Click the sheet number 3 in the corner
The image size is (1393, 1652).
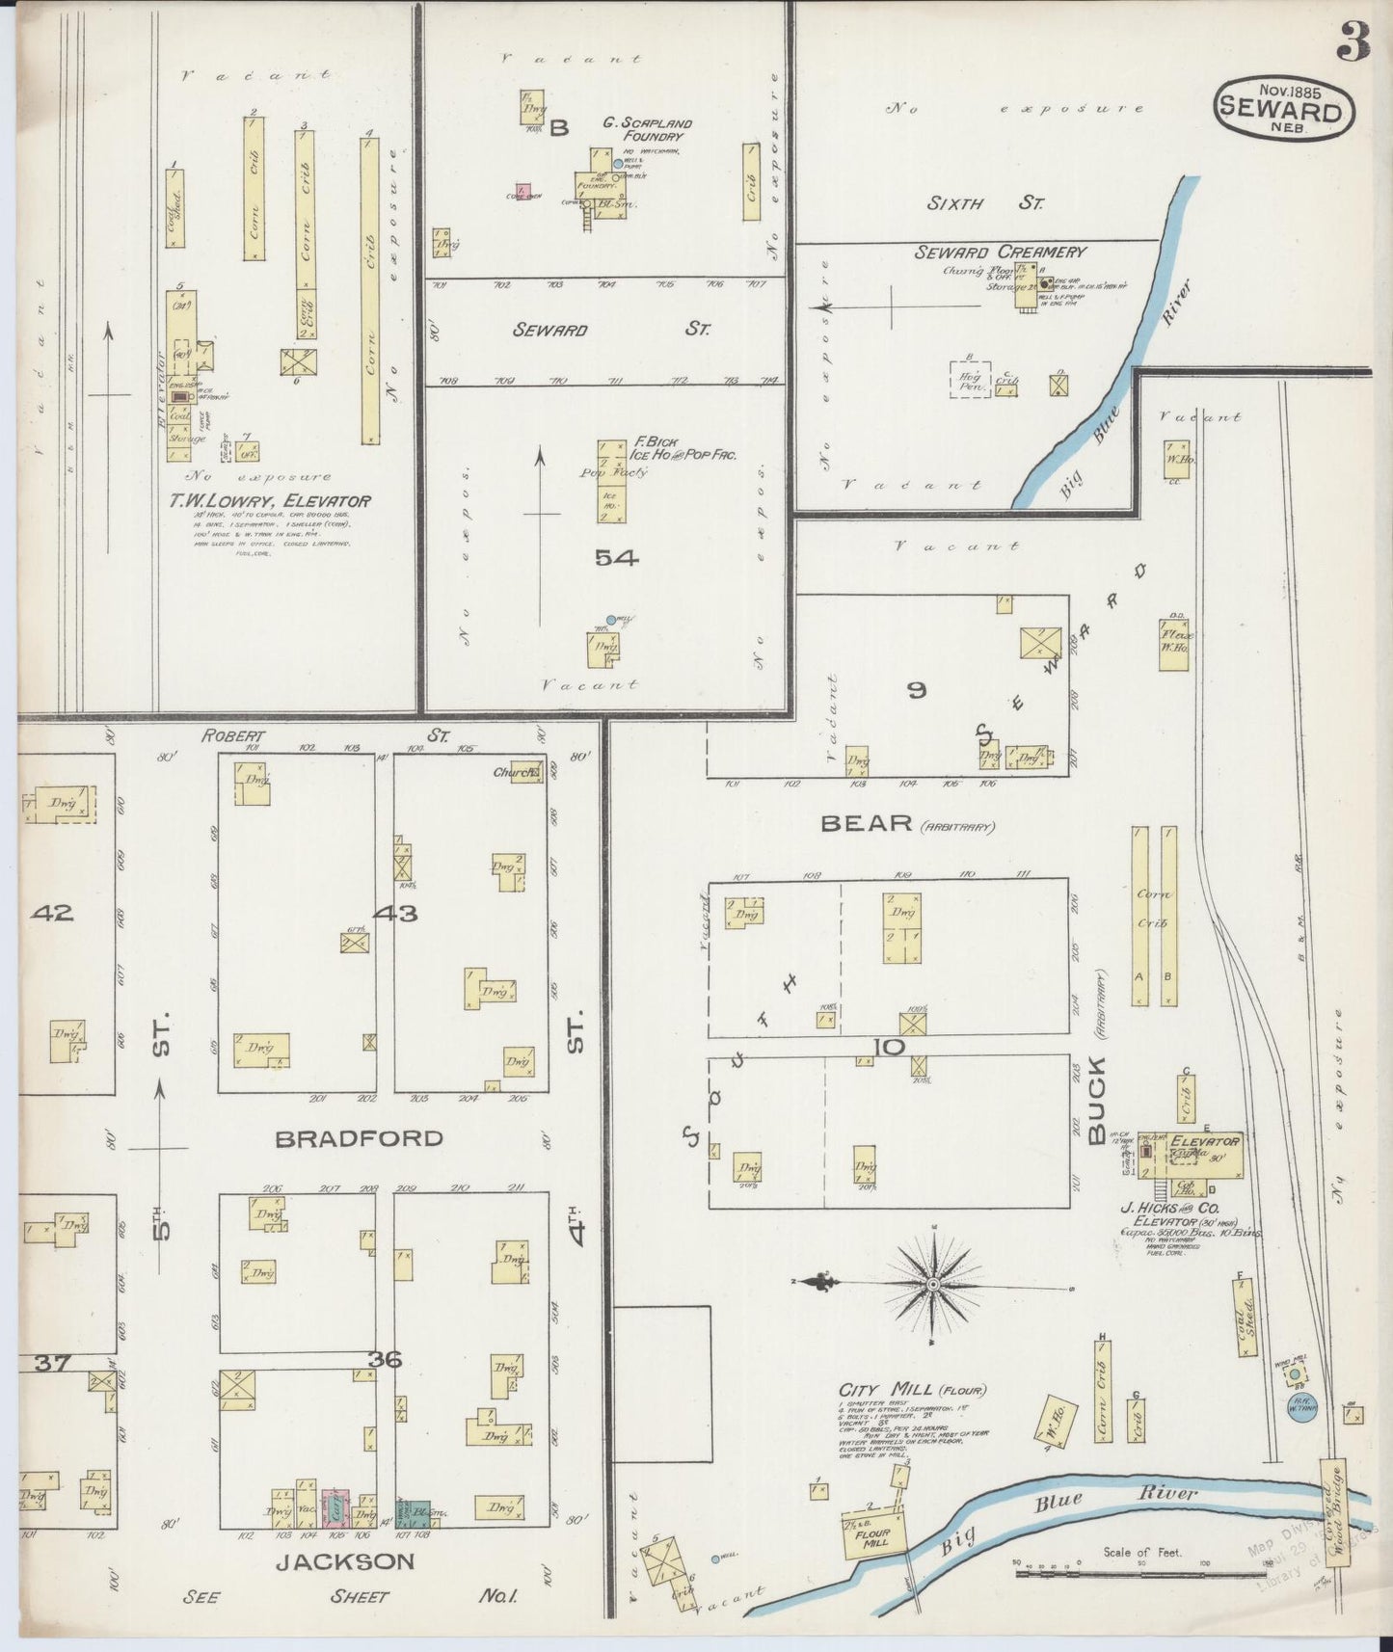[x=1353, y=43]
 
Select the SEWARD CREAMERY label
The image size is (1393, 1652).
[x=1000, y=253]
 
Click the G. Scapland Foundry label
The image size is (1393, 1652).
[x=648, y=129]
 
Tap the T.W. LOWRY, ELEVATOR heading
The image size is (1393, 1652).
[x=270, y=502]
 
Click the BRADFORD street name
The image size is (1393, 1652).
[x=359, y=1139]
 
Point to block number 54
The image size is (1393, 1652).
[x=617, y=558]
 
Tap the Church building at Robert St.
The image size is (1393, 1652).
[x=525, y=772]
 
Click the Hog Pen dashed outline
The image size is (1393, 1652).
[x=970, y=379]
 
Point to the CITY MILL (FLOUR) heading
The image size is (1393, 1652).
[x=911, y=1390]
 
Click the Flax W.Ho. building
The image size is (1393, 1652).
[x=1173, y=644]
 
